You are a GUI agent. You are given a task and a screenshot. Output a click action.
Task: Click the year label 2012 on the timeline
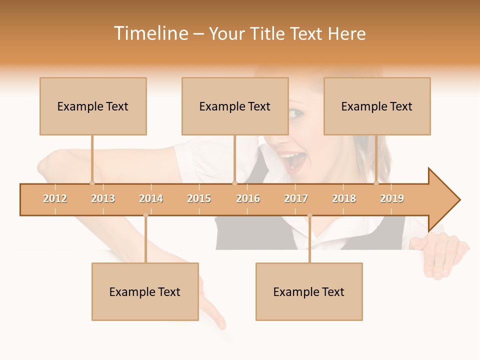coord(55,198)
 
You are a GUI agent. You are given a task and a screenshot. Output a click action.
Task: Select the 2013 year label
coord(103,198)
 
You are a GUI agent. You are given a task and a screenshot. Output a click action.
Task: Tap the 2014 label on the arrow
coord(151,198)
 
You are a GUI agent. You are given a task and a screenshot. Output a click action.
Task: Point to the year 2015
coord(199,198)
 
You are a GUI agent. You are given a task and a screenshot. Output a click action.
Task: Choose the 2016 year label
coord(248,198)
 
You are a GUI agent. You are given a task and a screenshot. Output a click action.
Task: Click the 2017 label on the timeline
coord(296,198)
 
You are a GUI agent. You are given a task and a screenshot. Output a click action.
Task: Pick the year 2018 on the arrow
coord(344,198)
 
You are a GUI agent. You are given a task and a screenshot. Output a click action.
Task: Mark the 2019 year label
coord(392,198)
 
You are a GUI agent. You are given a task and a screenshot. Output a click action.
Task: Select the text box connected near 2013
coord(93,106)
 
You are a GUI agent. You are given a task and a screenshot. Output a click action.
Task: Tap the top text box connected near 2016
coord(235,106)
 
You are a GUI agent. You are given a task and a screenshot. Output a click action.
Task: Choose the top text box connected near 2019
coord(377,106)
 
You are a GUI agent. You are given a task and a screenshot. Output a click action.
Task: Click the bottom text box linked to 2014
coord(145,291)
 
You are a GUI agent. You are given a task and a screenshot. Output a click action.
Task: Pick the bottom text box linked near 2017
coord(309,291)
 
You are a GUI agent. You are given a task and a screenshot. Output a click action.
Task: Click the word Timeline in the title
coord(150,33)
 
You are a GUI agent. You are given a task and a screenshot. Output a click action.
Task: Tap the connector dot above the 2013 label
coord(92,183)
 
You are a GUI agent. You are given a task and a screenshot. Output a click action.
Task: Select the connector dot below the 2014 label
coord(145,215)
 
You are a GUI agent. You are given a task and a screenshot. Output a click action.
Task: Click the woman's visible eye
coord(296,113)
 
